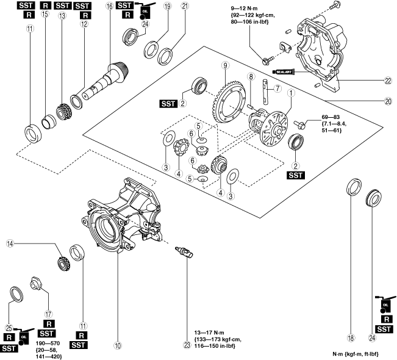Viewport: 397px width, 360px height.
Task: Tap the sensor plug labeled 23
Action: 183,252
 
